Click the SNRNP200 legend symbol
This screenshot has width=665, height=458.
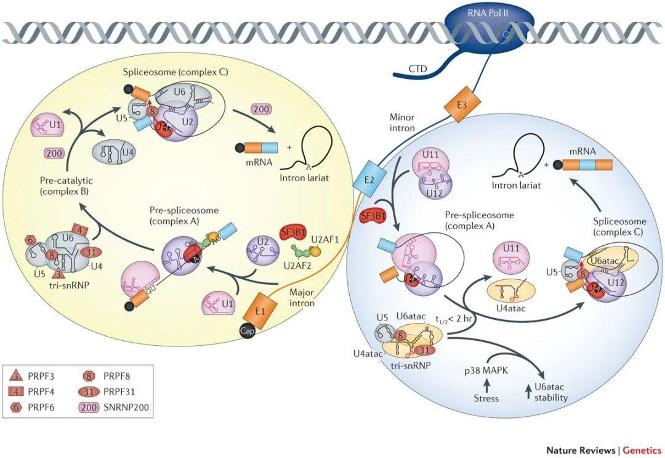[90, 407]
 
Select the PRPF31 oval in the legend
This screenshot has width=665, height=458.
[90, 390]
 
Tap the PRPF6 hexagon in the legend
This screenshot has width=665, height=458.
[15, 407]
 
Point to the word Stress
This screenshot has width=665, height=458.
[486, 398]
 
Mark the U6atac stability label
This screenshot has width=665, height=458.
[550, 393]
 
